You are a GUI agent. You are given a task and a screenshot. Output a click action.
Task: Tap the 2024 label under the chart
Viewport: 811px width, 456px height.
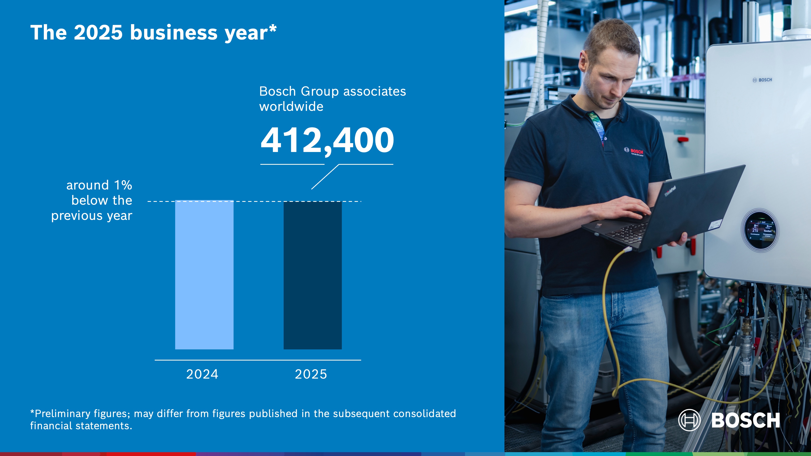[x=202, y=374]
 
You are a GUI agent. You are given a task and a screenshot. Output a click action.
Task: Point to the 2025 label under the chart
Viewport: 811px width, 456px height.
[x=311, y=374]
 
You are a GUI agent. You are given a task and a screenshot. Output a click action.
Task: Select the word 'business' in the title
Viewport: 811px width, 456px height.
[x=174, y=33]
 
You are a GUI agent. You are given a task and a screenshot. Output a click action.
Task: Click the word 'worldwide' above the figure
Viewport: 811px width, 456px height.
[x=291, y=107]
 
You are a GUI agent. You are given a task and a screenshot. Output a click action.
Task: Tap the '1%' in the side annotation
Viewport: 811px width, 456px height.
[x=123, y=185]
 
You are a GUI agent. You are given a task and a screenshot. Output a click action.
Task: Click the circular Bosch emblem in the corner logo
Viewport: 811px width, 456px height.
[x=689, y=420]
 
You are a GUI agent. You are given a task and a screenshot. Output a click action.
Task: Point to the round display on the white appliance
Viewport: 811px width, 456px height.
[x=760, y=230]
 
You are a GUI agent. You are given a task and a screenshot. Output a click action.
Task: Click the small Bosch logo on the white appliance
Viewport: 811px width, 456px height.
[x=762, y=80]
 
